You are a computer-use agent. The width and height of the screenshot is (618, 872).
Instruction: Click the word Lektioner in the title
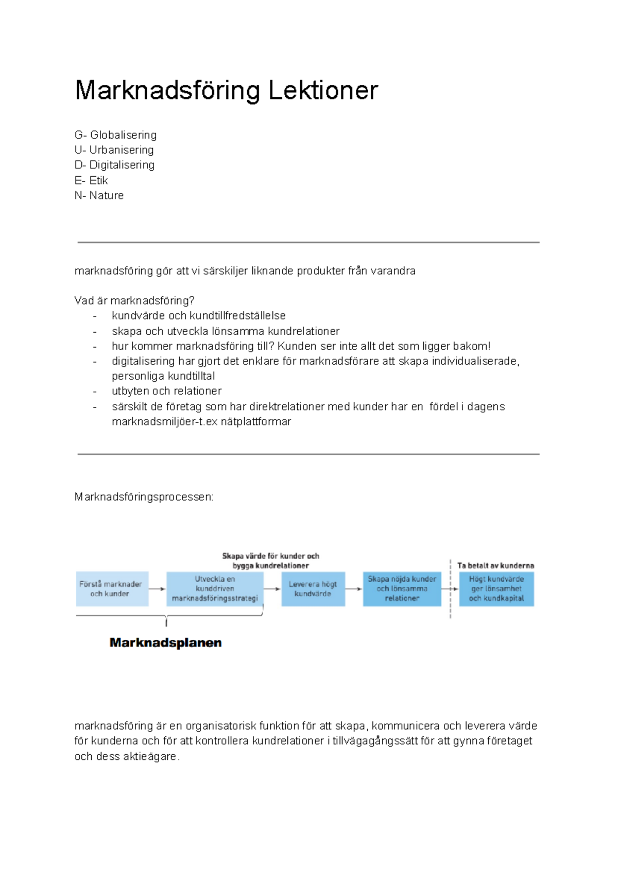[x=323, y=91]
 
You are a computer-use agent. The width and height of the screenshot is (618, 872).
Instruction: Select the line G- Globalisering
[x=115, y=135]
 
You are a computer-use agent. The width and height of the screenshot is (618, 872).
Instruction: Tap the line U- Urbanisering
[x=114, y=150]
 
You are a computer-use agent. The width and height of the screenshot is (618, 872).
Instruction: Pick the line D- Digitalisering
[x=114, y=165]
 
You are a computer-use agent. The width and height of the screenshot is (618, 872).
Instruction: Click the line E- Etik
[x=91, y=180]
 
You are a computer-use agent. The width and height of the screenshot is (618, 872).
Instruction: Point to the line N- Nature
[x=99, y=196]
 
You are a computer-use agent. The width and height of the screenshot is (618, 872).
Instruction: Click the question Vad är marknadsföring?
[x=134, y=301]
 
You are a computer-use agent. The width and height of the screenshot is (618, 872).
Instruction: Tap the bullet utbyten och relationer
[x=166, y=391]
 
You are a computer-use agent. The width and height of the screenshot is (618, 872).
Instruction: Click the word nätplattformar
[x=256, y=422]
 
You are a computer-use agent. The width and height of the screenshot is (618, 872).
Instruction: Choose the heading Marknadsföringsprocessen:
[x=144, y=497]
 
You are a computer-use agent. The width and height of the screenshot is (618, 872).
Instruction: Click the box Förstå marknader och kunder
[x=112, y=589]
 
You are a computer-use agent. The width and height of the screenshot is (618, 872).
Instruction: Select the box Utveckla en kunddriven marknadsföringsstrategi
[x=215, y=589]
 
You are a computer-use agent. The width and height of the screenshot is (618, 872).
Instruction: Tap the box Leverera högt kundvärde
[x=313, y=589]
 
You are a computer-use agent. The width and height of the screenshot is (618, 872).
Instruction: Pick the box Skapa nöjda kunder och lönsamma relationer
[x=402, y=589]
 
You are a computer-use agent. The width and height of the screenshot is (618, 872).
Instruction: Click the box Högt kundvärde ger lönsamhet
[x=496, y=589]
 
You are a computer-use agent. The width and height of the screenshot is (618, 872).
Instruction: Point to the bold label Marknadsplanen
[x=165, y=642]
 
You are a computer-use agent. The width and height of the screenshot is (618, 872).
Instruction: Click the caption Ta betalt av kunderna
[x=495, y=565]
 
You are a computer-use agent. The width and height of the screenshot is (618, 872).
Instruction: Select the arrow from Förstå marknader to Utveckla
[x=157, y=589]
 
